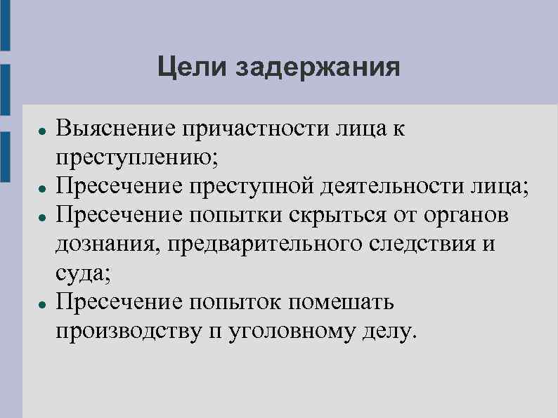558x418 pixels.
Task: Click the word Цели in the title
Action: pos(191,68)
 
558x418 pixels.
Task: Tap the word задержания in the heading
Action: pos(316,70)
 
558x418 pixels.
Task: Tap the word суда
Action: pos(81,275)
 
